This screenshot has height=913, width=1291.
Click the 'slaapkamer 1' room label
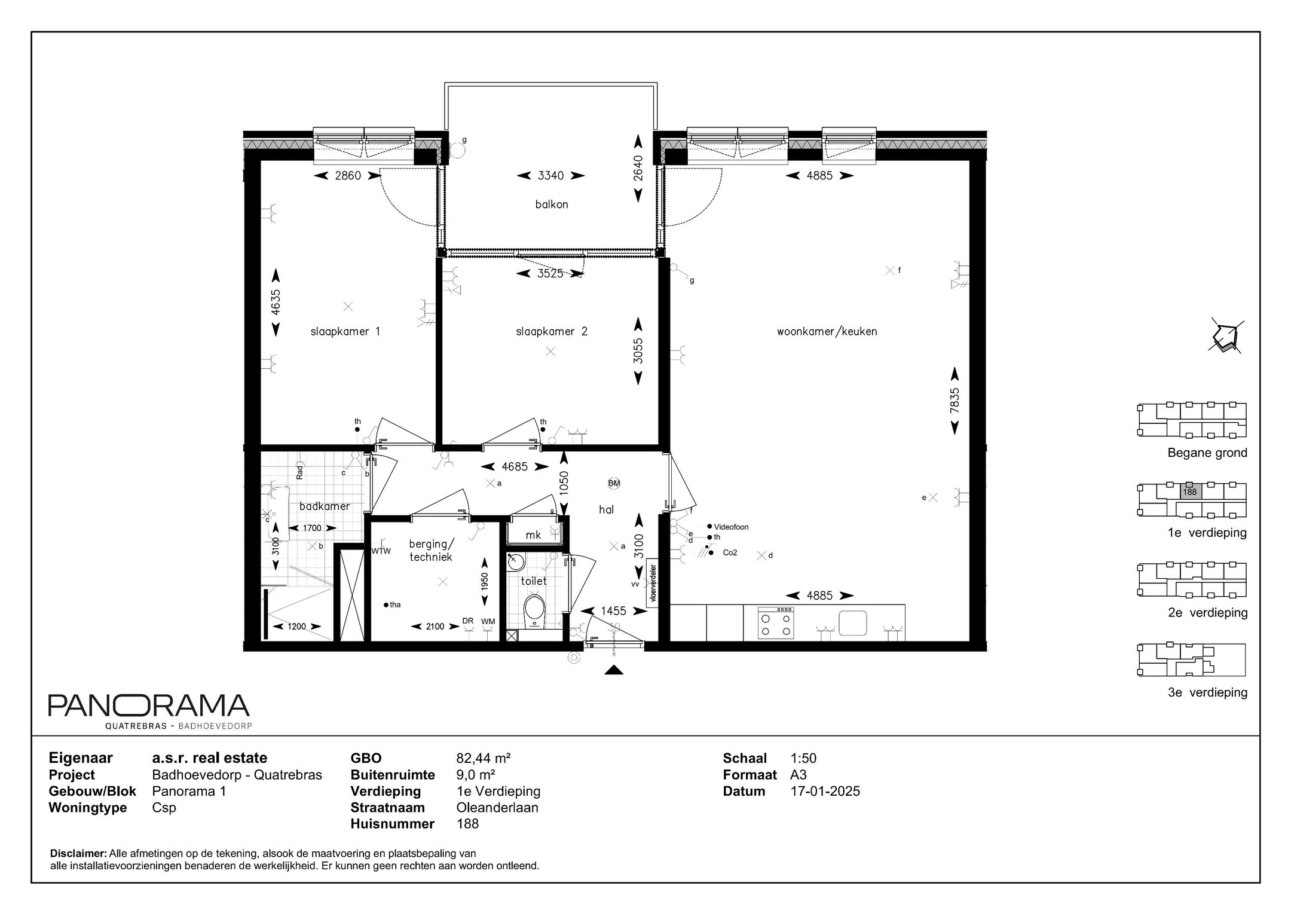345,331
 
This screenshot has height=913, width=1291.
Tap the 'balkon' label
551,204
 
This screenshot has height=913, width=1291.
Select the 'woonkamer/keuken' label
827,331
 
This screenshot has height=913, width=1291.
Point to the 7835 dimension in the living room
955,400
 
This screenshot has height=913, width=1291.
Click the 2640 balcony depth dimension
638,168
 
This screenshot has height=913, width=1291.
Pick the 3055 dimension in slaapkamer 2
638,351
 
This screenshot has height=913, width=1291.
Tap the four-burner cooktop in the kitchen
776,622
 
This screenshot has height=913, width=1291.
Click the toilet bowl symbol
534,610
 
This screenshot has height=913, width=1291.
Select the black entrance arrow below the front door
614,670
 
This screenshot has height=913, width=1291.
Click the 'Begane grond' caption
1207,453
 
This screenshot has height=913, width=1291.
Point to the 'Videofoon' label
731,527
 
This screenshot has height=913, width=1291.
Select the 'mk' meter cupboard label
533,535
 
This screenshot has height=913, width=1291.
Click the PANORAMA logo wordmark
149,706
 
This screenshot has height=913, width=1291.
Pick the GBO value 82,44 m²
483,758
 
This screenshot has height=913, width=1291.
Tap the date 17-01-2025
825,791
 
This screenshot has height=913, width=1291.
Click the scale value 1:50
803,758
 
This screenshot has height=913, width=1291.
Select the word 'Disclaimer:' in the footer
79,853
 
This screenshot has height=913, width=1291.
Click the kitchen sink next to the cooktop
853,622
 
